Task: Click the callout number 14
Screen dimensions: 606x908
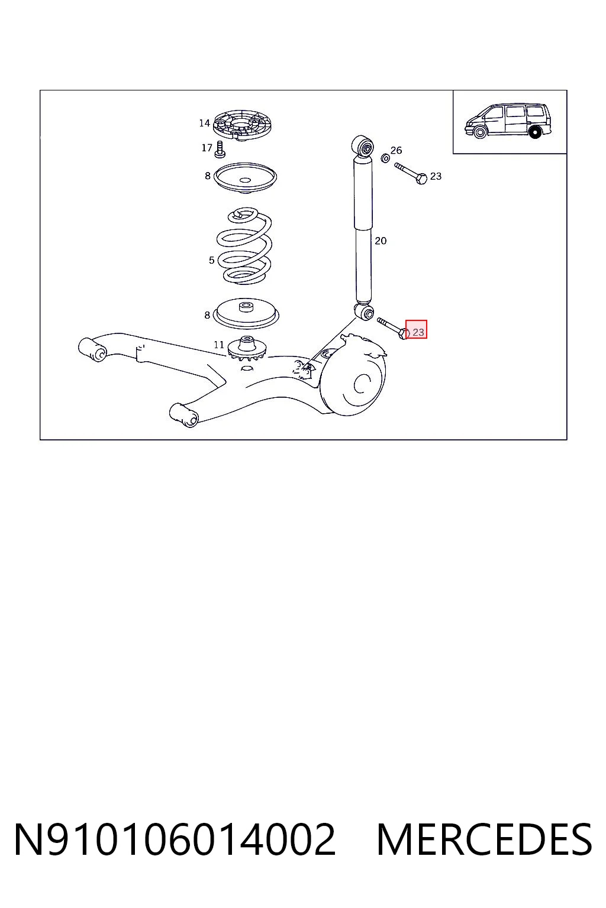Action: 204,123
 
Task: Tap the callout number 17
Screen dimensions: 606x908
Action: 207,148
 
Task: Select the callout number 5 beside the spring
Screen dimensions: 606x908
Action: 211,260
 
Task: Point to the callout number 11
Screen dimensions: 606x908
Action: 219,345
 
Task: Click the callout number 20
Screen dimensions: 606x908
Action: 381,241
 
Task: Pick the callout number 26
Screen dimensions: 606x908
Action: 396,150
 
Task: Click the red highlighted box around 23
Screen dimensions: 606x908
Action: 416,329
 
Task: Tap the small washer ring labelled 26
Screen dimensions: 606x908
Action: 385,158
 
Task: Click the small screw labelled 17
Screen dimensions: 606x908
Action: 220,149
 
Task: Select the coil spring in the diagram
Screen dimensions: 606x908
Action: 244,246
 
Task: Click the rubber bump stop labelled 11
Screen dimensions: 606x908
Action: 246,348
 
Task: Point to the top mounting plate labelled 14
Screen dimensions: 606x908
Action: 242,125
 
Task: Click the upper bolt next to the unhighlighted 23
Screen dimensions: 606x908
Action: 410,173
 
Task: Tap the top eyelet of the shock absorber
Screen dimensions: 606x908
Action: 362,147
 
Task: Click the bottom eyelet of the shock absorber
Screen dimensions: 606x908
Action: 365,312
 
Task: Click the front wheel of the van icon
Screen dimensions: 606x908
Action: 480,132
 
